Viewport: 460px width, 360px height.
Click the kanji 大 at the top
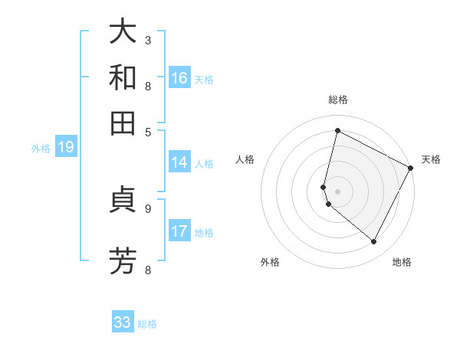pyautogui.click(x=123, y=31)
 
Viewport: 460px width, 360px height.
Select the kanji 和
pyautogui.click(x=123, y=78)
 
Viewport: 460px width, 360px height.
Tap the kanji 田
pyautogui.click(x=123, y=123)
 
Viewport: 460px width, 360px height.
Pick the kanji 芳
pyautogui.click(x=123, y=261)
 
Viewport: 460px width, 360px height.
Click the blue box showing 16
pyautogui.click(x=179, y=78)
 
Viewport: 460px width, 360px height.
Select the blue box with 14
pyautogui.click(x=179, y=162)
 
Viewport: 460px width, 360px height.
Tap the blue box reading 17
pyautogui.click(x=179, y=231)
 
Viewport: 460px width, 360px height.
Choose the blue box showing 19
pyautogui.click(x=65, y=148)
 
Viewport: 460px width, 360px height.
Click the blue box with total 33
pyautogui.click(x=123, y=322)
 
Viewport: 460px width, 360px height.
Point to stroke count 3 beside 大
pyautogui.click(x=148, y=39)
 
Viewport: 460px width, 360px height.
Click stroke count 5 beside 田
pyautogui.click(x=148, y=131)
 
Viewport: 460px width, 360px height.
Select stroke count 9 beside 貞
pyautogui.click(x=148, y=208)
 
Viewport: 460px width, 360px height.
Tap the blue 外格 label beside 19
pyautogui.click(x=41, y=149)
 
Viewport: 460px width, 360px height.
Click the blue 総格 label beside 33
pyautogui.click(x=147, y=324)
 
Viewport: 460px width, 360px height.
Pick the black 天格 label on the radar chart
pyautogui.click(x=431, y=159)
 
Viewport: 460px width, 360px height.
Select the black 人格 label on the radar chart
pyautogui.click(x=245, y=159)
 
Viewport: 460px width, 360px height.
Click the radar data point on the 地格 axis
pyautogui.click(x=373, y=241)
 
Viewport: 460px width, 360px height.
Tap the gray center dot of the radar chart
pyautogui.click(x=337, y=191)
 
